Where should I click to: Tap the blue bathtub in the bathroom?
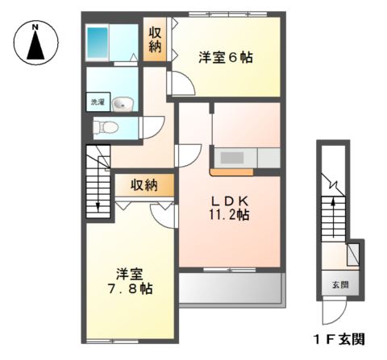click(98, 39)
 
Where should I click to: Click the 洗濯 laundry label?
click(97, 103)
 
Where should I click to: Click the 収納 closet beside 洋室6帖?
click(156, 39)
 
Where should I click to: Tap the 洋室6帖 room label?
click(226, 57)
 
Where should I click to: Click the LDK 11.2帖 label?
click(230, 208)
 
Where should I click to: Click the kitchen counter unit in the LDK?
click(245, 157)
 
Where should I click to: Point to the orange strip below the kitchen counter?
click(233, 172)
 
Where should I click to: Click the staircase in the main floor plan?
click(97, 182)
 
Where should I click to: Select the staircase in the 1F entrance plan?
click(331, 217)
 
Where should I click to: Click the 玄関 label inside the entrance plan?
click(339, 284)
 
